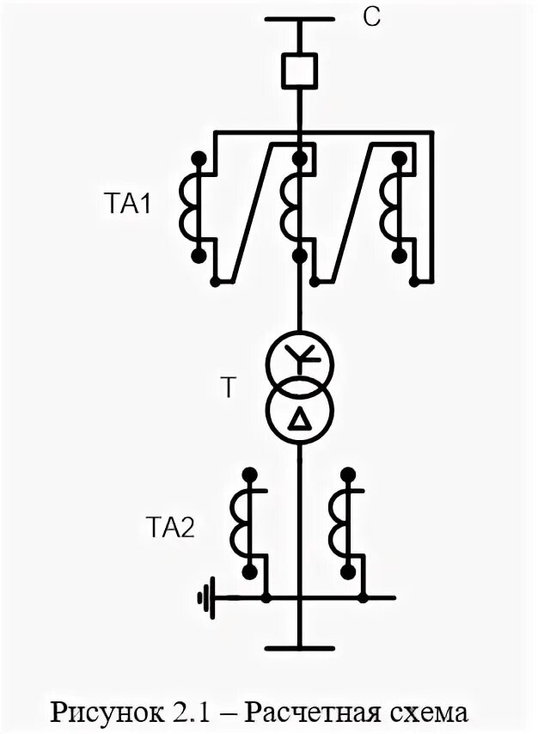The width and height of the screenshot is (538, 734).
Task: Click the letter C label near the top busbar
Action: (x=371, y=18)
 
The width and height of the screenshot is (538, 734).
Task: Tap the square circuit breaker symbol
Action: (x=300, y=70)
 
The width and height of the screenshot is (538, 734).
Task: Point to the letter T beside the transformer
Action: (x=227, y=388)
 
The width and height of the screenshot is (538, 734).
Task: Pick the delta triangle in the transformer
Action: (x=300, y=419)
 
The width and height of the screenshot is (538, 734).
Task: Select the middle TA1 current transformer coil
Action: (x=290, y=206)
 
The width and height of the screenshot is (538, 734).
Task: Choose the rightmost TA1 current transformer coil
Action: (x=389, y=206)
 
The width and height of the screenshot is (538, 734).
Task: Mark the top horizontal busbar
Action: (x=300, y=18)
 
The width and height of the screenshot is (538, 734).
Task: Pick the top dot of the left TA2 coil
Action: (x=250, y=474)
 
